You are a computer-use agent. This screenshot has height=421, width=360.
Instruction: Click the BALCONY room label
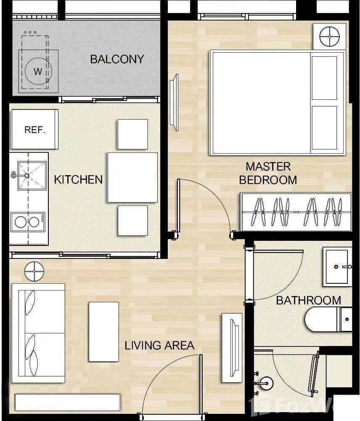(117, 59)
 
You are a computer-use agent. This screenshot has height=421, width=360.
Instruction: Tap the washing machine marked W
(38, 71)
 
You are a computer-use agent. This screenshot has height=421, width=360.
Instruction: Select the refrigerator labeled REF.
(34, 129)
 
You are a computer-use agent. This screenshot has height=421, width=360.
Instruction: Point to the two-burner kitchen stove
(27, 222)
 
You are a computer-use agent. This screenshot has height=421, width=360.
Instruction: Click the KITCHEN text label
(78, 179)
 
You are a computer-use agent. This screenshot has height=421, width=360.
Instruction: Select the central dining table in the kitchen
(132, 177)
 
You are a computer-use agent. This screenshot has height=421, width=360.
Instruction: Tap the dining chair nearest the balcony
(132, 134)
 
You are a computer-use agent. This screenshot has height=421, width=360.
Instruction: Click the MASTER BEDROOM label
(268, 173)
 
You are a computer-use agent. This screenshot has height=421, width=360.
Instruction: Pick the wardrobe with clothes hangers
(296, 212)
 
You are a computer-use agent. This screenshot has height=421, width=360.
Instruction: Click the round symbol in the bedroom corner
(329, 36)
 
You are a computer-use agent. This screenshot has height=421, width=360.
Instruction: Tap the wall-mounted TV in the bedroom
(174, 102)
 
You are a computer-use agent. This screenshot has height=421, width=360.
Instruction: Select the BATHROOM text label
(308, 300)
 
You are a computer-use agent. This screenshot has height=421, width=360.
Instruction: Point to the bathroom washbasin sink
(337, 266)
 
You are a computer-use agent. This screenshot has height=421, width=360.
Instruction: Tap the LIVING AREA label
(159, 346)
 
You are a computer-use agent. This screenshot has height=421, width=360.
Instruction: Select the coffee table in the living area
(103, 331)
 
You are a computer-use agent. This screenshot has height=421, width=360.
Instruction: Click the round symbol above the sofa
(34, 271)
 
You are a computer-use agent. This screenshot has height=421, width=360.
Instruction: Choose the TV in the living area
(232, 348)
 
